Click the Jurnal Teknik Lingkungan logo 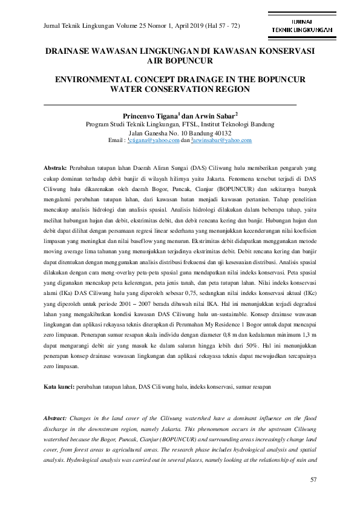point(301,25)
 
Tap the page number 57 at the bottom point(313,480)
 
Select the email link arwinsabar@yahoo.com point(223,140)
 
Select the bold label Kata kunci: point(59,386)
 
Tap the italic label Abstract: point(57,418)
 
